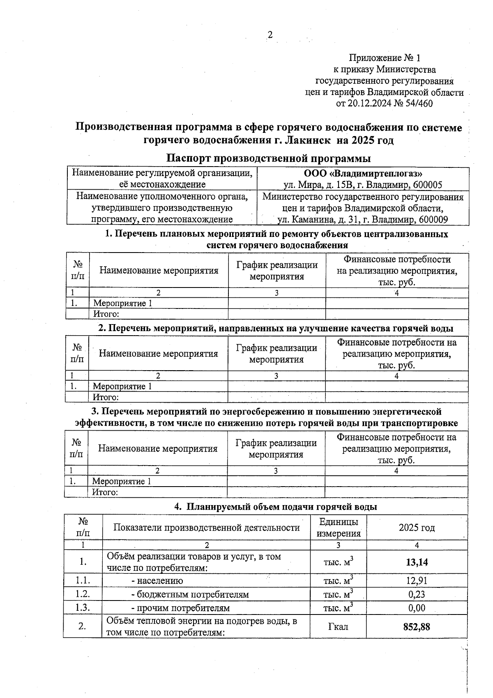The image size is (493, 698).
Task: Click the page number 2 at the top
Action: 270,35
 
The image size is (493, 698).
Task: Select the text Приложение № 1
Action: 385,58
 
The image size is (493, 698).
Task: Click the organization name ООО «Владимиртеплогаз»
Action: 363,174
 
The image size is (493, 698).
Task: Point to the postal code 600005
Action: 427,185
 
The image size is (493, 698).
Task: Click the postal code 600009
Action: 433,220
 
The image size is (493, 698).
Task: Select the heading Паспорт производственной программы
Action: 269,158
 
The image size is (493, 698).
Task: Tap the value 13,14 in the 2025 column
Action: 417,562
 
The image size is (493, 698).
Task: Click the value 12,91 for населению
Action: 417,581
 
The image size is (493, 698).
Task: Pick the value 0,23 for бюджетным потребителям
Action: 417,594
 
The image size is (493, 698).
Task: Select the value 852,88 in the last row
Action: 417,626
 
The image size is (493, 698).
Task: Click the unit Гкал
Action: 338,626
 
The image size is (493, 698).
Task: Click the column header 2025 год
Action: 417,528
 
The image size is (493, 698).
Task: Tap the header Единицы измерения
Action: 339,528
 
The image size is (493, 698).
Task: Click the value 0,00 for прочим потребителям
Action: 417,608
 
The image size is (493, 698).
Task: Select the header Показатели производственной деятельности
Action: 206,528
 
